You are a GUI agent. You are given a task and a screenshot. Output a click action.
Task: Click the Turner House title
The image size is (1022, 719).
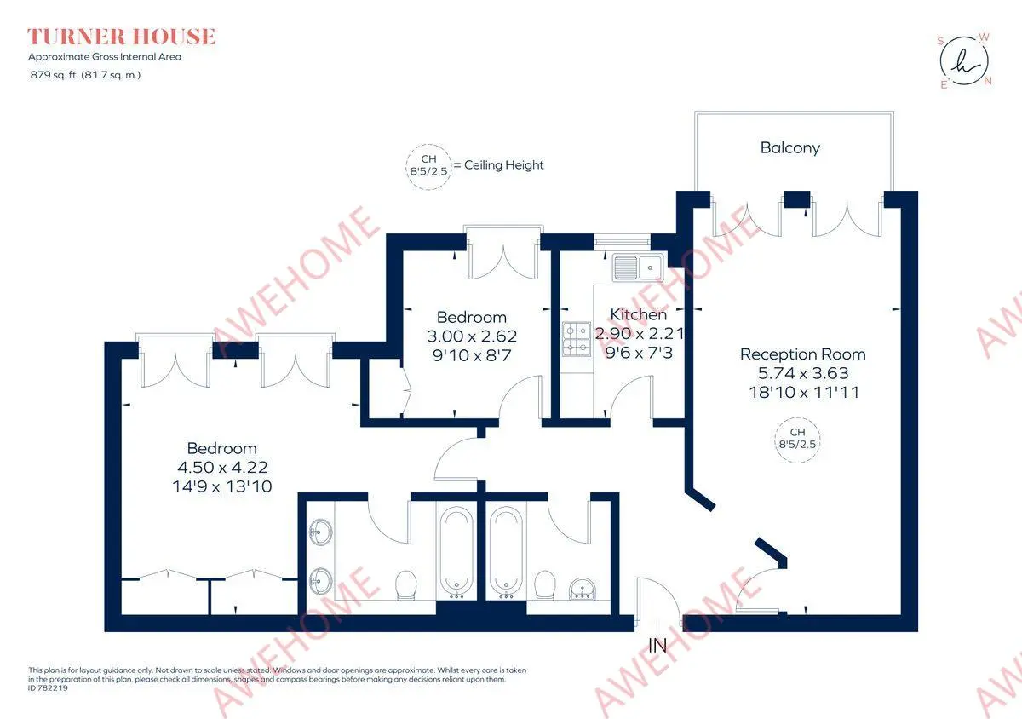pyautogui.click(x=121, y=37)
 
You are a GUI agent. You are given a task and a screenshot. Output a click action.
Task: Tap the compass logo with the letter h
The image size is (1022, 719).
pyautogui.click(x=964, y=61)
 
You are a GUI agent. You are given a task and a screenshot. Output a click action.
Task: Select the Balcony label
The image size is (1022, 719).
pyautogui.click(x=790, y=147)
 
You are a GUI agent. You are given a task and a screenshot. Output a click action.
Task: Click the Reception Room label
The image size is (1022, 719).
pyautogui.click(x=802, y=354)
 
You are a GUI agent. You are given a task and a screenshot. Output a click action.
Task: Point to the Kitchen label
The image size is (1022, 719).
pyautogui.click(x=638, y=314)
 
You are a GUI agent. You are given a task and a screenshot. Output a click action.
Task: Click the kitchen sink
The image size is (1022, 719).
pyautogui.click(x=638, y=267)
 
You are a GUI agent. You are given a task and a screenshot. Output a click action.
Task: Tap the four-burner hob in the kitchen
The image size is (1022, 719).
pyautogui.click(x=577, y=339)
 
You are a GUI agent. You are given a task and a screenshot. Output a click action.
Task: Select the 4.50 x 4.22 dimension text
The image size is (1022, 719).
pyautogui.click(x=222, y=467)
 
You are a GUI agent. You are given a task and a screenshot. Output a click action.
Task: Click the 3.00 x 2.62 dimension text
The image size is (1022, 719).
pyautogui.click(x=472, y=336)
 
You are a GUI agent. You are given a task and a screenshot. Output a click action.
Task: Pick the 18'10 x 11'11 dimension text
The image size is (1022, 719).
pyautogui.click(x=804, y=392)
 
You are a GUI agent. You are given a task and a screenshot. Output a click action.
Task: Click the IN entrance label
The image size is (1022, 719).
pyautogui.click(x=657, y=646)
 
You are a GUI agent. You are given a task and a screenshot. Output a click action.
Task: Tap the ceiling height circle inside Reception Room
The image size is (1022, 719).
pyautogui.click(x=797, y=440)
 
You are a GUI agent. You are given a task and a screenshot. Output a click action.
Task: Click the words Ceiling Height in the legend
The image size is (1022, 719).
pyautogui.click(x=503, y=164)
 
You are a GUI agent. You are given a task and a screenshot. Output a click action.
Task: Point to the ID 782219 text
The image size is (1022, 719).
pyautogui.click(x=48, y=688)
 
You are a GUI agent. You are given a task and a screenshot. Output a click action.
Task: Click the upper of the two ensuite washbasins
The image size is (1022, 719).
pyautogui.click(x=320, y=532)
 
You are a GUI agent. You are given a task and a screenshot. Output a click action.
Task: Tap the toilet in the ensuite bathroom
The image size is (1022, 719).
pyautogui.click(x=405, y=584)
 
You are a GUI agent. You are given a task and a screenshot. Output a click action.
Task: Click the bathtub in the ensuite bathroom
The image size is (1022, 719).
pyautogui.click(x=456, y=553)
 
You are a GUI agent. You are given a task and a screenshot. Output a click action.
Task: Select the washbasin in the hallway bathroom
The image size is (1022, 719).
pyautogui.click(x=583, y=588)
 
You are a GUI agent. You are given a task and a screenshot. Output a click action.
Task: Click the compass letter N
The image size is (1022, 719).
pyautogui.click(x=988, y=81)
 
